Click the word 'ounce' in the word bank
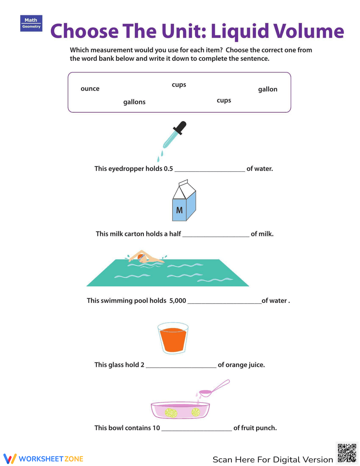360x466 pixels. coord(90,89)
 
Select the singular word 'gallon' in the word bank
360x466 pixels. coord(267,89)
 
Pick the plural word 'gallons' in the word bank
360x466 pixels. coord(134,102)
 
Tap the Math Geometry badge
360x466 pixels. coord(31,23)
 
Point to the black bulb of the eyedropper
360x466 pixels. coord(180,127)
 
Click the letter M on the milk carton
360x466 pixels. coord(179,210)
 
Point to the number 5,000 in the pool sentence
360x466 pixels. coord(178,301)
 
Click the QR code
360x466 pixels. coord(347,453)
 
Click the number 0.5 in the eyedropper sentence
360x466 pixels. coord(168,169)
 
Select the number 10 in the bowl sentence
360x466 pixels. coord(156,428)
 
